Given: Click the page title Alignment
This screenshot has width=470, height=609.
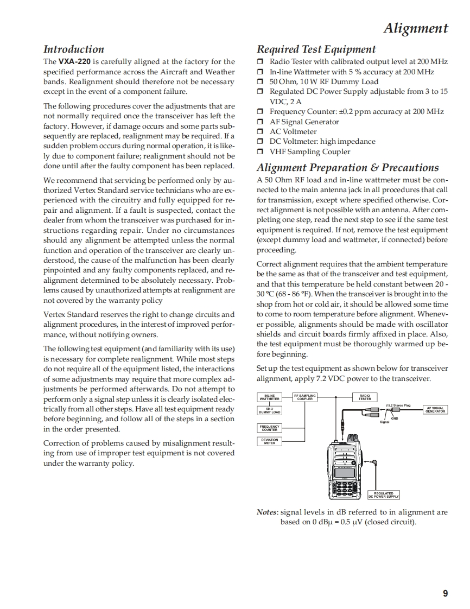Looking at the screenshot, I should point(416,28).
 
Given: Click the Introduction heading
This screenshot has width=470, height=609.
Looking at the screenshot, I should point(73,49).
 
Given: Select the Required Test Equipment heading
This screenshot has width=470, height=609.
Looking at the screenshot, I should point(316,49).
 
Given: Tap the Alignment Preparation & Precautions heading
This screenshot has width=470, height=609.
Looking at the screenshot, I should point(347,168).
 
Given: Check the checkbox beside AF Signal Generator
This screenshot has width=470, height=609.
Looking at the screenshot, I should point(261,122).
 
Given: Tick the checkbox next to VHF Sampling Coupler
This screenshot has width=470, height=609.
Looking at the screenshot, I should point(261,152).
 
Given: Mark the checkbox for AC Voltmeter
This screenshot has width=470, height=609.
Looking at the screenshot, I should point(261,132).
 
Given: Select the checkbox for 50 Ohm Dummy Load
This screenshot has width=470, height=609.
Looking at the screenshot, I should point(261,82).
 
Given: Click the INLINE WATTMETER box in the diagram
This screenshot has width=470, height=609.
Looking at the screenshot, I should point(270,397).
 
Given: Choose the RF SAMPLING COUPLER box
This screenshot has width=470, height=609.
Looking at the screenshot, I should point(305,397).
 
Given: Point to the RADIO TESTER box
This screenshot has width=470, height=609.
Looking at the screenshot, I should point(365,397).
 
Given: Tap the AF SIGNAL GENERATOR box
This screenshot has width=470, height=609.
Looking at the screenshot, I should point(435,410).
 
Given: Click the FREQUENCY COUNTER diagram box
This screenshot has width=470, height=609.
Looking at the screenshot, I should point(270,428).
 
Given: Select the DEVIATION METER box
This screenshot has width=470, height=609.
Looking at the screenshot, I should point(270,441).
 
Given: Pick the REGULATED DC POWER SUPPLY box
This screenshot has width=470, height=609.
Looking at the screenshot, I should point(384,494).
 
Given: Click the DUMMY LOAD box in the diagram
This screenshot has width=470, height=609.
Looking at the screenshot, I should point(270,411).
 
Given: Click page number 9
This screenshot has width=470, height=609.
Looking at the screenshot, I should point(445,593).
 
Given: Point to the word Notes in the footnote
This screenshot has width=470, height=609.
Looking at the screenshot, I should point(267,512).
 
